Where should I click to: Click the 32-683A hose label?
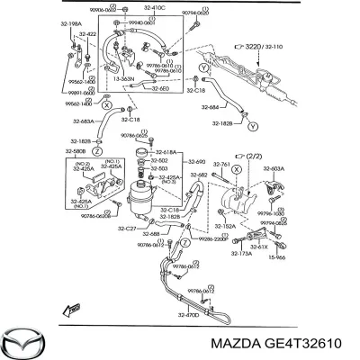pyautogui.click(x=78, y=121)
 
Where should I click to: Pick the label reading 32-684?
pyautogui.click(x=208, y=109)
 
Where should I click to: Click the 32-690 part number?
pyautogui.click(x=197, y=161)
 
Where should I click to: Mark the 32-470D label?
pyautogui.click(x=188, y=316)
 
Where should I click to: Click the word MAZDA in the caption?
pyautogui.click(x=233, y=342)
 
